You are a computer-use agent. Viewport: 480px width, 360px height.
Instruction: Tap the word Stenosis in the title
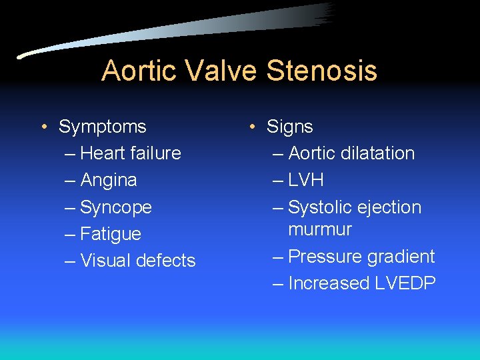pos(323,71)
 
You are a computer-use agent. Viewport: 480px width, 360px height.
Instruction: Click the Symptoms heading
pos(103,127)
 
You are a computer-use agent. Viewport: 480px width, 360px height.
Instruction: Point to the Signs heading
pos(290,127)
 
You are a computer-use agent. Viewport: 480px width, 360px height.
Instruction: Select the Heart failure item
pos(131,153)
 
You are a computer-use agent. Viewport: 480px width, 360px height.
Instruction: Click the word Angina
pos(109,180)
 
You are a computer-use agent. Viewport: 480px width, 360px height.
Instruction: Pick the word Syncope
pos(116,207)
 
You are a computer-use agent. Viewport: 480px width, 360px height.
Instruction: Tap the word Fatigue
pos(111,234)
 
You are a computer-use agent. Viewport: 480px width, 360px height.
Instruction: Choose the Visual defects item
pos(138,261)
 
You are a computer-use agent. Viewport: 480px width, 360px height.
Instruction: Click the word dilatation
pos(378,153)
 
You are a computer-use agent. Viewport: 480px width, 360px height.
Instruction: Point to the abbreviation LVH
pos(306,180)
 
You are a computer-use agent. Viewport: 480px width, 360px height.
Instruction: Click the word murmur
pos(320,230)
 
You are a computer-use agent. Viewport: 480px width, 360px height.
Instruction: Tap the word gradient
pos(400,257)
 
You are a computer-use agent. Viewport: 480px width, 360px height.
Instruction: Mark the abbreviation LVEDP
pos(405,283)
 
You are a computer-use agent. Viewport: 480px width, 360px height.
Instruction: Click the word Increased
pos(329,283)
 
